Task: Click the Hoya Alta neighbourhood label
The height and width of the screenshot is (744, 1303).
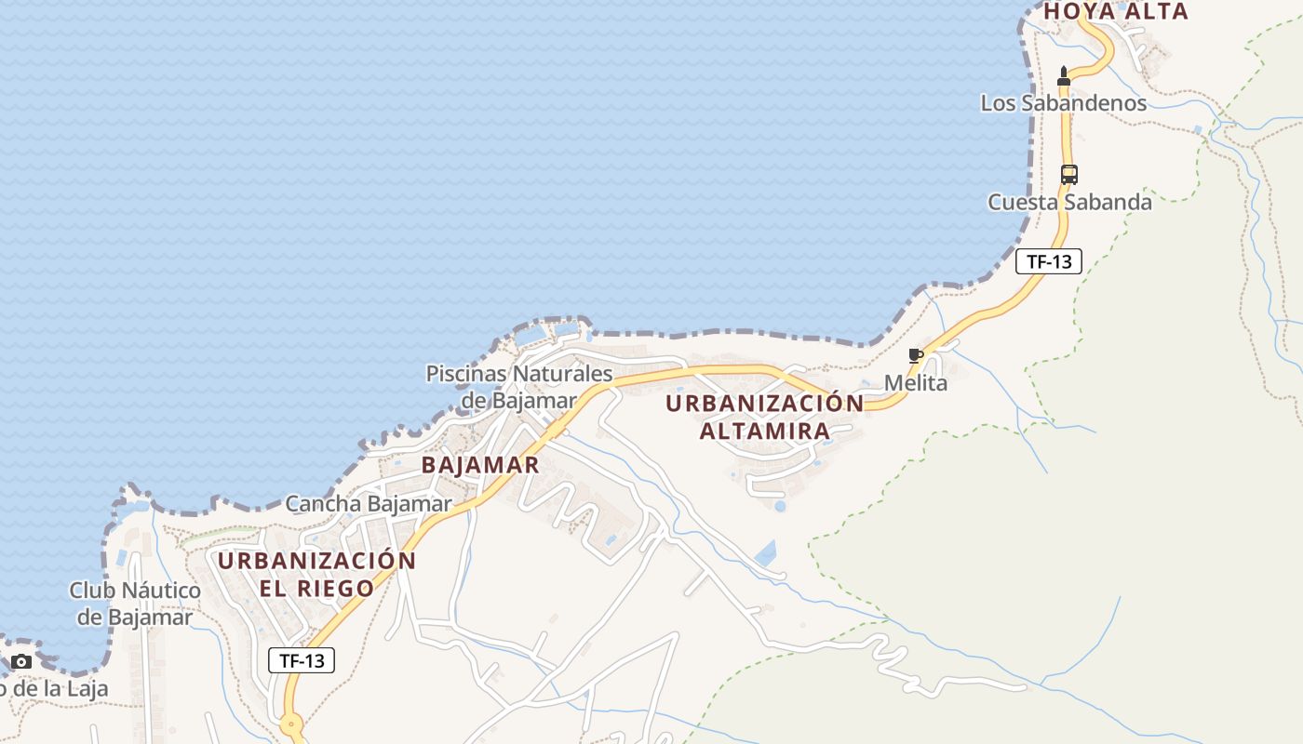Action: [x=1115, y=12]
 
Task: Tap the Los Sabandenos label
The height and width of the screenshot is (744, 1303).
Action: [x=1063, y=103]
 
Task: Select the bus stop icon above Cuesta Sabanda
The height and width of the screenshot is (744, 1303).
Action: [x=1069, y=174]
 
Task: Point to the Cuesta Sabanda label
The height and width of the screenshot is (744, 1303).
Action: [x=1069, y=202]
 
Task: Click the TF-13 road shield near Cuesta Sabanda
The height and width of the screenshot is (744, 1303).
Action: [x=1049, y=261]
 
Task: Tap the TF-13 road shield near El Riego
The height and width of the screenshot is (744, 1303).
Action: [x=302, y=660]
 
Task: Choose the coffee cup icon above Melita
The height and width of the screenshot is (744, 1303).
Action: [x=916, y=355]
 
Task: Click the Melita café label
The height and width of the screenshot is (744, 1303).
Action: [x=916, y=383]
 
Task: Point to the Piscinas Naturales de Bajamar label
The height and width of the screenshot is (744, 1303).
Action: [x=519, y=387]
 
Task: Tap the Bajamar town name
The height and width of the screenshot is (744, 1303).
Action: [x=480, y=465]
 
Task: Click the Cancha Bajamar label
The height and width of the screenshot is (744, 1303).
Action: [x=369, y=504]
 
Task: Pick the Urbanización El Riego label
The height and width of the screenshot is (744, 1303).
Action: [x=316, y=574]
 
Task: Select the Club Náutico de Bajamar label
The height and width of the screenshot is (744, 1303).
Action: [x=135, y=604]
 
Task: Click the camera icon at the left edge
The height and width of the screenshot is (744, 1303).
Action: [x=20, y=662]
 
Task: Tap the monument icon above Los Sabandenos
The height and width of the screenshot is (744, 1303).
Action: [x=1064, y=75]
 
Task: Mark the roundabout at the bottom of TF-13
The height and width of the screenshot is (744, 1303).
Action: [x=292, y=724]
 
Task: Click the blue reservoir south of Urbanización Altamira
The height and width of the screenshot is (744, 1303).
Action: [x=766, y=554]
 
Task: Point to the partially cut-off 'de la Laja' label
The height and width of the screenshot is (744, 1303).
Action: [x=54, y=689]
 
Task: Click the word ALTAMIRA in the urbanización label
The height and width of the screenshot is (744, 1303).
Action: [x=765, y=432]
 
